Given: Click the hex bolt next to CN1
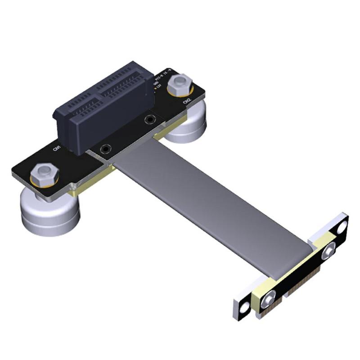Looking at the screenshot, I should pos(43,172).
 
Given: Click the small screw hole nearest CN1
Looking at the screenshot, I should pos(106,148).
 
